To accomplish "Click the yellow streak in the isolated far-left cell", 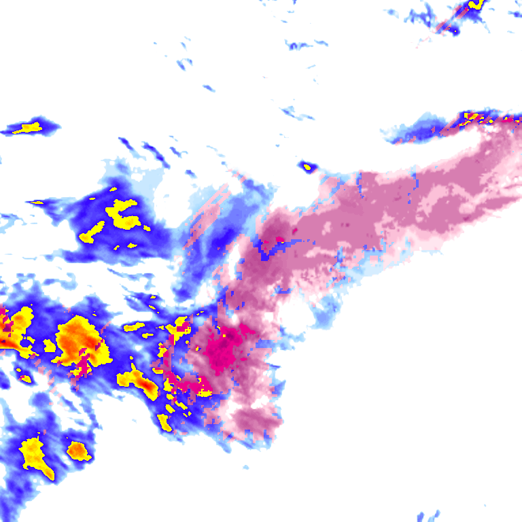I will [29, 127].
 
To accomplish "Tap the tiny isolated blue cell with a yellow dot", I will [308, 166].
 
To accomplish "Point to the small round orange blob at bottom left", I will [79, 450].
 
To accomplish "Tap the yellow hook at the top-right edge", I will [475, 5].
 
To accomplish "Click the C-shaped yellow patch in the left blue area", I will [123, 213].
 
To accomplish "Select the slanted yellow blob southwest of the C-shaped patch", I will [91, 232].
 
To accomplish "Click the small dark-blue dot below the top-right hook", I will [454, 31].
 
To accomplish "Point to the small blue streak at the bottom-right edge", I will [428, 516].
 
